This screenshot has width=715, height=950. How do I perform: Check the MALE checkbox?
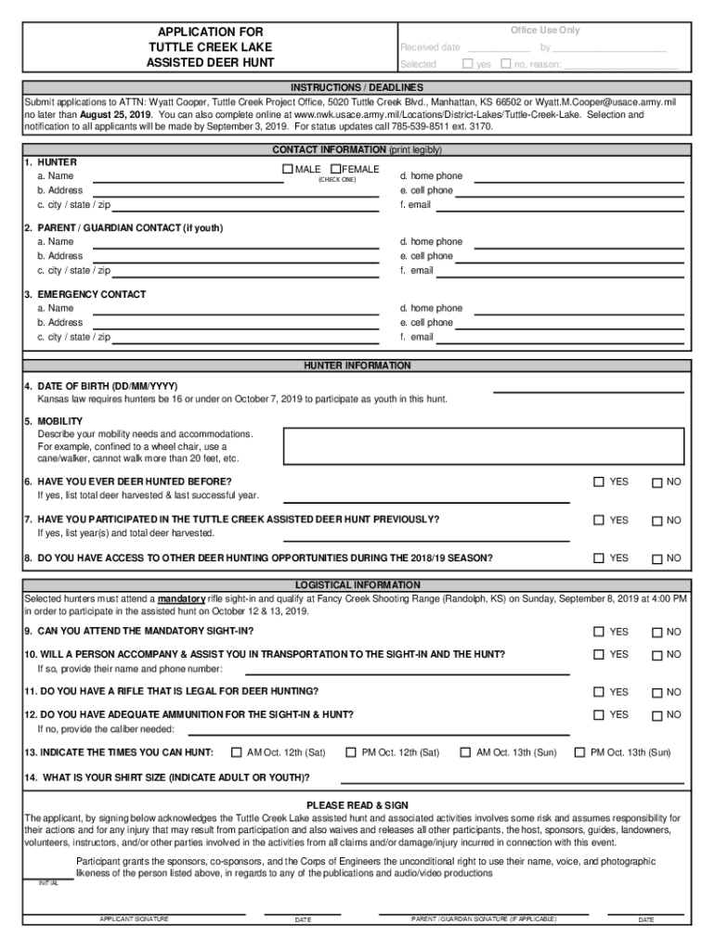(287, 169)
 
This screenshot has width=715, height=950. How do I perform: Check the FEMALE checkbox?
(335, 169)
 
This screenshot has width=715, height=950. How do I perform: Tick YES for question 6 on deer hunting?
(599, 481)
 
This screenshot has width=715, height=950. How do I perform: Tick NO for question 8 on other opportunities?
(656, 558)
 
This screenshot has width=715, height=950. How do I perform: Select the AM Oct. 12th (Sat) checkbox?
(236, 752)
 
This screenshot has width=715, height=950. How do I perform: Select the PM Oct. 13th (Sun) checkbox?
(580, 752)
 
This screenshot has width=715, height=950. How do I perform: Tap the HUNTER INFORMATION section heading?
(357, 366)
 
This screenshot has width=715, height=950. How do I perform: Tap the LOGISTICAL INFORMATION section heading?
(357, 585)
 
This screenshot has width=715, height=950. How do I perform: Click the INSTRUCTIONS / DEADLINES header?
(357, 87)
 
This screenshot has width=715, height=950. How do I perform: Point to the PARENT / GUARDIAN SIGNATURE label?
(484, 919)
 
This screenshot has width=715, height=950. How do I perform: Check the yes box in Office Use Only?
(468, 64)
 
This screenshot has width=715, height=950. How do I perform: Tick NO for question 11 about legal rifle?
(656, 692)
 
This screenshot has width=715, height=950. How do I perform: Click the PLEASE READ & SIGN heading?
(357, 804)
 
